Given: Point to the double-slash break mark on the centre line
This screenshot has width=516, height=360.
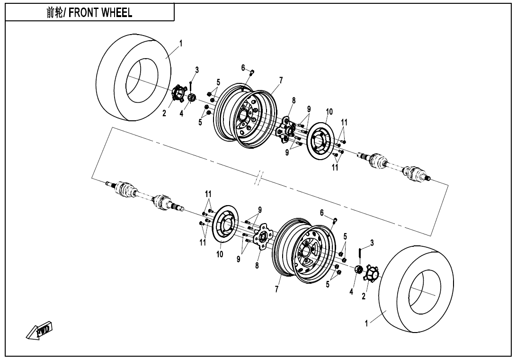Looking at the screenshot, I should tap(258, 180).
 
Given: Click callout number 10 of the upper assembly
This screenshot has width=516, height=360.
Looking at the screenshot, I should tap(329, 112).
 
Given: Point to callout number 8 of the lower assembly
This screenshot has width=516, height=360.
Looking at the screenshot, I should tap(257, 266).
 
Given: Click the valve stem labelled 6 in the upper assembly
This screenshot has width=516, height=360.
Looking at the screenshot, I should tap(252, 72).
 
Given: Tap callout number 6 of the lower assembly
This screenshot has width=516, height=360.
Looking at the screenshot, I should tap(321, 213).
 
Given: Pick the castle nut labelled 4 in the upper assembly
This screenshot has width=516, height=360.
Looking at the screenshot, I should tap(192, 99).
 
